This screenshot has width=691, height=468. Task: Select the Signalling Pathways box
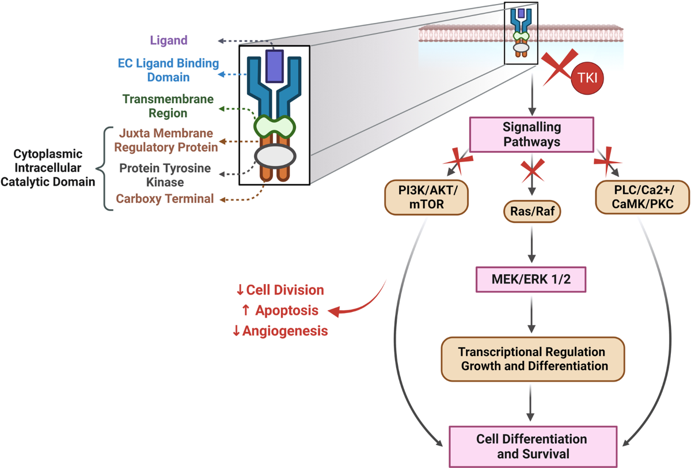[531, 134]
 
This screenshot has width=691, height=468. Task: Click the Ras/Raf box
[531, 212]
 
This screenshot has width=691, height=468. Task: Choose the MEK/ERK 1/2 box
[531, 280]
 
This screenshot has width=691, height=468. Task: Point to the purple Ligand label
[168, 41]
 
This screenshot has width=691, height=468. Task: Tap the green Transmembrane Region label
[168, 106]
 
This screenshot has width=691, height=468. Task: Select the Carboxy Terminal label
[165, 199]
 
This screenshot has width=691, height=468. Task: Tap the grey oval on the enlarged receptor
[275, 156]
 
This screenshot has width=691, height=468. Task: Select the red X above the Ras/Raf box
[531, 171]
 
